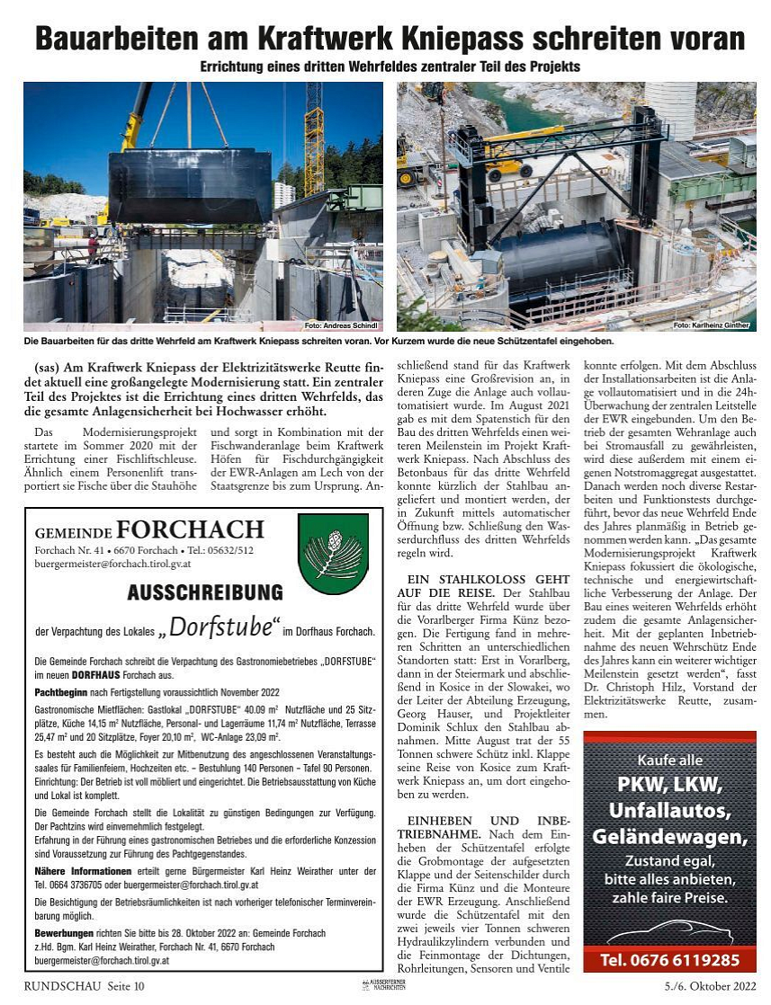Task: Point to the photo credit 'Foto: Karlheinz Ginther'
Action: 712,325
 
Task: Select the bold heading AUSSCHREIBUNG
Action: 205,592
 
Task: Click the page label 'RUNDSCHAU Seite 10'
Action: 84,987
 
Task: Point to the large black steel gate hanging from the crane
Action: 190,185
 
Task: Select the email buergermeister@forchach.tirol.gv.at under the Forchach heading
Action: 112,564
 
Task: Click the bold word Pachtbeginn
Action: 61,692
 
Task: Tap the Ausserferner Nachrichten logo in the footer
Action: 385,987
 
